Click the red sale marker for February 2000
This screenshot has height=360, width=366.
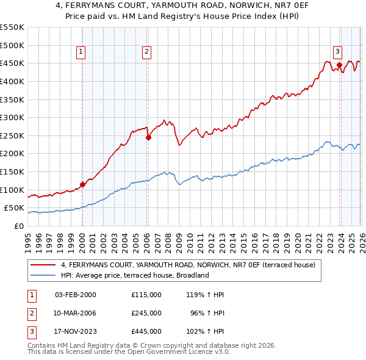[82, 184]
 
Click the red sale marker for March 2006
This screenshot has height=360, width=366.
[148, 137]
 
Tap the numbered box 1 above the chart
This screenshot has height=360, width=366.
[81, 52]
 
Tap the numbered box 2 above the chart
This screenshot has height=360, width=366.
[147, 52]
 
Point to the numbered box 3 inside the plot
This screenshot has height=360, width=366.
[337, 52]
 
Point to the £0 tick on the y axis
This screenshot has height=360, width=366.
[20, 226]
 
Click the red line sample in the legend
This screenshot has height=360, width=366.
[43, 265]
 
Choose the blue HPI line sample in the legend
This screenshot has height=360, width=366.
[43, 275]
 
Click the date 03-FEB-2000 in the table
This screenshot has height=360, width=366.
[76, 295]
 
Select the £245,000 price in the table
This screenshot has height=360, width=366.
[146, 313]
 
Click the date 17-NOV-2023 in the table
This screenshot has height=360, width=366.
[76, 331]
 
